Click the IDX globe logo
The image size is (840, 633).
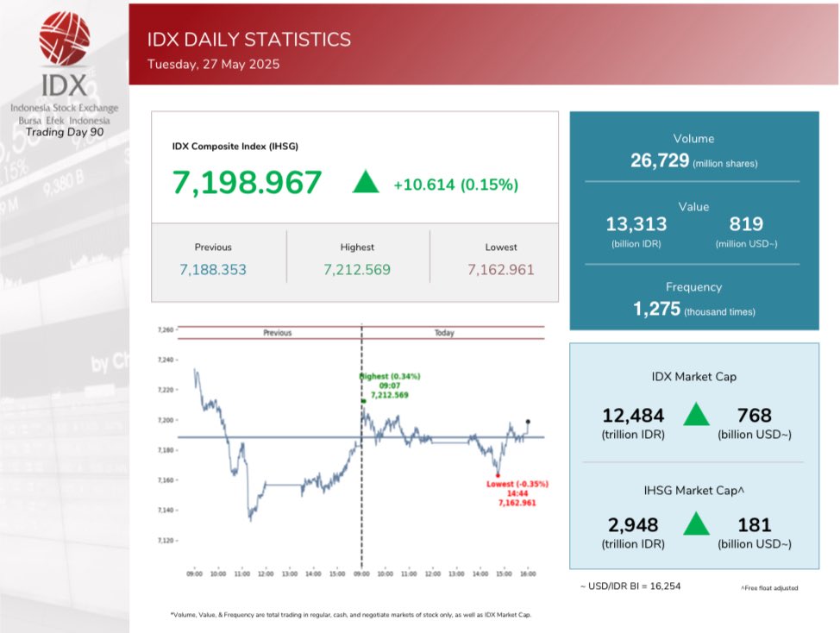click(x=65, y=38)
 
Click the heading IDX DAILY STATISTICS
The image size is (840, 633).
click(x=249, y=40)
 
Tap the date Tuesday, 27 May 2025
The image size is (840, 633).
click(x=213, y=64)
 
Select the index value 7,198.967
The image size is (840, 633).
click(x=247, y=183)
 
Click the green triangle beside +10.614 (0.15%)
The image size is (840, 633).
click(x=366, y=182)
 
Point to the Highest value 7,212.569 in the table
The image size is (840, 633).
click(x=357, y=270)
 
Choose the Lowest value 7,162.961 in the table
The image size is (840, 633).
click(x=501, y=270)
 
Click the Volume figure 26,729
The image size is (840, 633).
click(x=660, y=161)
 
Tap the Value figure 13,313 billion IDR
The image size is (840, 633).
click(x=636, y=224)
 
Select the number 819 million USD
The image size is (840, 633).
click(x=746, y=224)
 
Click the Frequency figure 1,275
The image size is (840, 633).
click(x=656, y=310)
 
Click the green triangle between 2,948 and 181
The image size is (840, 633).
click(x=696, y=523)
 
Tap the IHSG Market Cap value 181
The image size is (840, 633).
click(x=754, y=524)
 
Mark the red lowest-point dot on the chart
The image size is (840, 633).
click(x=498, y=475)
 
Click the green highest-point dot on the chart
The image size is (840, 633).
click(x=364, y=401)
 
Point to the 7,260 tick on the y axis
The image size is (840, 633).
click(x=165, y=329)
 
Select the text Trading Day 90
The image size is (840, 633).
click(x=65, y=132)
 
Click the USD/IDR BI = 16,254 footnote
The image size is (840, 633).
click(x=630, y=586)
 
